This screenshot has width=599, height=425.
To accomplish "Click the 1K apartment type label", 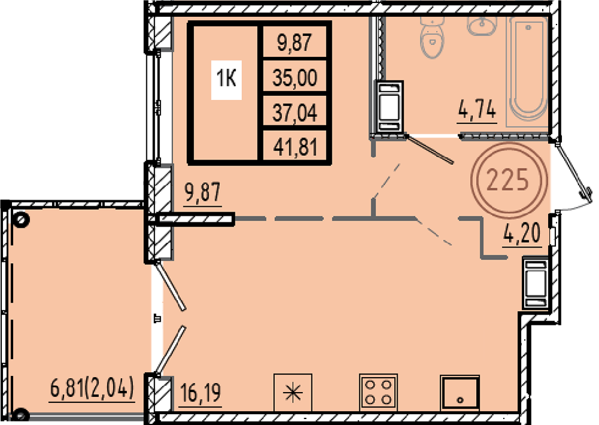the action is pos(226,79).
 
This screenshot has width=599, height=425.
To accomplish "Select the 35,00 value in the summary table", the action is pos(295,77).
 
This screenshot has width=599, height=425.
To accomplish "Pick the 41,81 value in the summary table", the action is pos(295,147).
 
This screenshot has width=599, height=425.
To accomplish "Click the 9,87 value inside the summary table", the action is pos(295,42).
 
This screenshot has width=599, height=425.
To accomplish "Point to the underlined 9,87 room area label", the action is pos(202,192).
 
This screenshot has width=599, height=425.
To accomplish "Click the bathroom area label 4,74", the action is pos(477,109).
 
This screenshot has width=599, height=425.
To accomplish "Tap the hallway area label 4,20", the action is pos(522,233).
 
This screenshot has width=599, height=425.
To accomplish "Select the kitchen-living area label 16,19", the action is pos(200,393).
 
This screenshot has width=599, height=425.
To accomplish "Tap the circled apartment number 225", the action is pos(508,180).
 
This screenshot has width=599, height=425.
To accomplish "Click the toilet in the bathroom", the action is pos(432,37).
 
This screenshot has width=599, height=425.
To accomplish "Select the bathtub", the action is pos(528,71).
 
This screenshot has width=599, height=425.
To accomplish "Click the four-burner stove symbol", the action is pos(379,393).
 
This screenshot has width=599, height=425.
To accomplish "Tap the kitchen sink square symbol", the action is pos(459,393).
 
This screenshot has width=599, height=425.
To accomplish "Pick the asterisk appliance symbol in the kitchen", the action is pos(293,393).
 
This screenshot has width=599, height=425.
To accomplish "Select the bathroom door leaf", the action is pos(429,149).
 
